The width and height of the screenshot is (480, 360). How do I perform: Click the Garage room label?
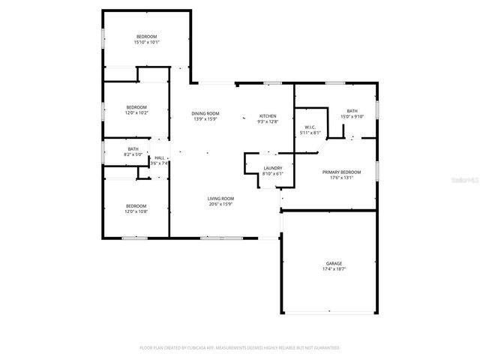334,263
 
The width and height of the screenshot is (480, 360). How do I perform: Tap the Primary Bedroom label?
337,172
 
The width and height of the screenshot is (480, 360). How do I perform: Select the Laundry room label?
272,168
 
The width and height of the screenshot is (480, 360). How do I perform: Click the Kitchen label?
268,116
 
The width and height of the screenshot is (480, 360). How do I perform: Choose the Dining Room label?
205,113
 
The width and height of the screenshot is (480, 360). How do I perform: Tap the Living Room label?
220,198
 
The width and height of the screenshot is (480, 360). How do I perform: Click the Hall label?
159,157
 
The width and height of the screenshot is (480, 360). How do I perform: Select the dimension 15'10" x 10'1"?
146,43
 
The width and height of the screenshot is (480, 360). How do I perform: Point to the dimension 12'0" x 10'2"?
136,112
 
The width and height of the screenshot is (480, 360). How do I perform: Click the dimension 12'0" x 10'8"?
136,211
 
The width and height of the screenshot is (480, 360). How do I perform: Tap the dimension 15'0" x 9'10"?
352,116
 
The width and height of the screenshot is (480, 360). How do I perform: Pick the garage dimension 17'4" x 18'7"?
334,268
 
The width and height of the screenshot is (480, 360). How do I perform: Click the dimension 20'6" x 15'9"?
220,204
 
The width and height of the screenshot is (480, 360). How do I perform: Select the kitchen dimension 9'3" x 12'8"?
268,121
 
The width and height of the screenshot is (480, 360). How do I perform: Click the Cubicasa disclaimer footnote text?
240,347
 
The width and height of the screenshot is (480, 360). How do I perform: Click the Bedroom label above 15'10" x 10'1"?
146,37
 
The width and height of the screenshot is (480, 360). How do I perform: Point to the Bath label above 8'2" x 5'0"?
133,149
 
